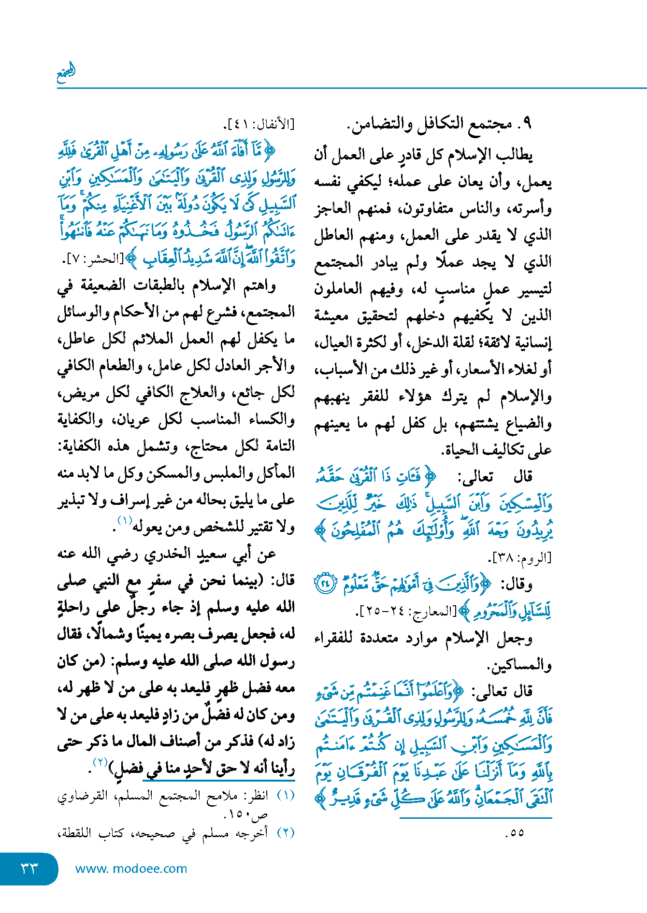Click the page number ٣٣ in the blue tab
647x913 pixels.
coord(29,868)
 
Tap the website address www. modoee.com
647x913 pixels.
coord(131,869)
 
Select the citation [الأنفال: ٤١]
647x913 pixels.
coord(259,125)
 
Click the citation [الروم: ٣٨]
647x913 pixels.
coord(522,558)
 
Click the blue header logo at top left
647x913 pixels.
coord(66,72)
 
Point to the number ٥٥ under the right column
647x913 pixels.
coord(515,833)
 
